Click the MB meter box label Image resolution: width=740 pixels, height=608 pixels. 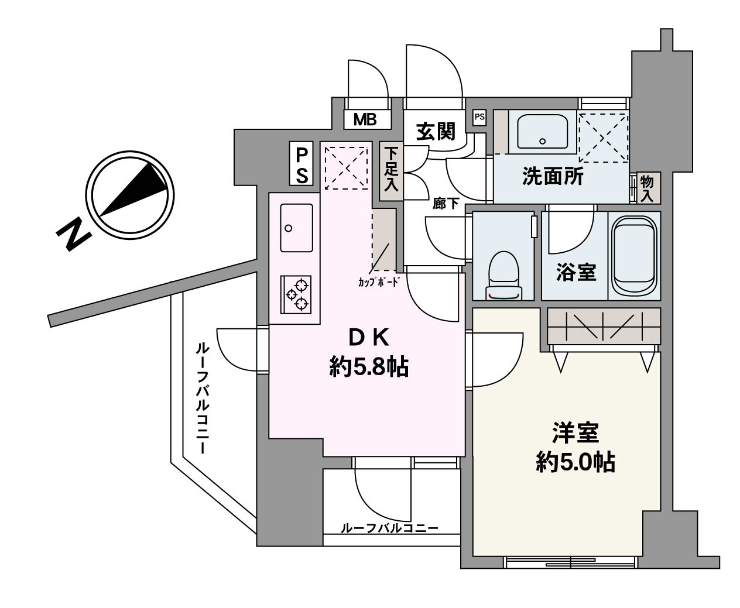[x=365, y=119]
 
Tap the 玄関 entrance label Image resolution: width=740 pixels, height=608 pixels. [x=436, y=132]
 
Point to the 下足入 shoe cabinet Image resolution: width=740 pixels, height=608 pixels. [x=391, y=171]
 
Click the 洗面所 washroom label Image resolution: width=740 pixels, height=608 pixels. [x=553, y=176]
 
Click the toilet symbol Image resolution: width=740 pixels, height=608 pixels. [x=503, y=276]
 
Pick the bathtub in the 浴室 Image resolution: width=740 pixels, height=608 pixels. [x=635, y=256]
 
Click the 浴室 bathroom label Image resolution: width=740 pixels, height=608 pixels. [x=577, y=273]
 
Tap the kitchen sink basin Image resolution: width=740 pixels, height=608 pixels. [x=296, y=228]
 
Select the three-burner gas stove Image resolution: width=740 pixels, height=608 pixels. [x=296, y=294]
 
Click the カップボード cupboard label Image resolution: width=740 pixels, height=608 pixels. [x=379, y=282]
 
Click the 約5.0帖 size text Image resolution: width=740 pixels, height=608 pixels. [x=575, y=462]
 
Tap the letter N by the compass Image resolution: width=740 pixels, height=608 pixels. [x=74, y=234]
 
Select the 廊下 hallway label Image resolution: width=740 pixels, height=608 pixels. [x=446, y=204]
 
